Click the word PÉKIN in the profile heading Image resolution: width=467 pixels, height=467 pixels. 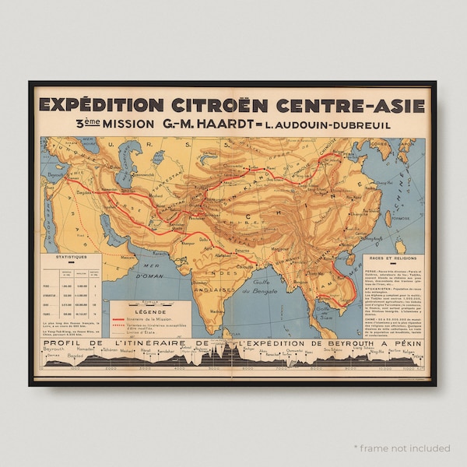pyautogui.click(x=406, y=342)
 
